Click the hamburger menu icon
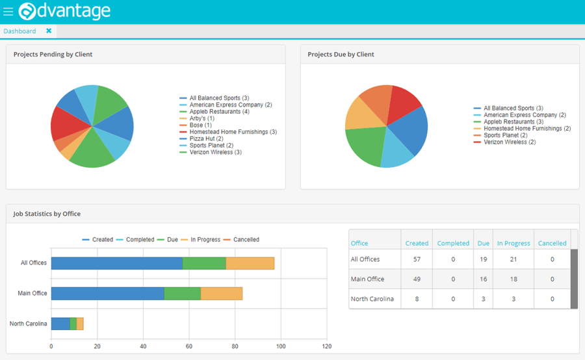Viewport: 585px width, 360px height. click(8, 12)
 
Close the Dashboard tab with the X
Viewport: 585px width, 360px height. click(49, 31)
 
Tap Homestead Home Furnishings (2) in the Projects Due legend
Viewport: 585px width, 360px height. click(526, 129)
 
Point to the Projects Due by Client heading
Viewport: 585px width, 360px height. click(341, 55)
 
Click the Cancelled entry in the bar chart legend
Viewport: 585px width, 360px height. click(246, 240)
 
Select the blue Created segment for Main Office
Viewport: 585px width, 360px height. click(107, 294)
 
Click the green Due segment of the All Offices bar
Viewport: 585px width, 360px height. click(204, 263)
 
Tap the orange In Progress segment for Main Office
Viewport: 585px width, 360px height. click(221, 294)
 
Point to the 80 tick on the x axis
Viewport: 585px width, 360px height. click(235, 346)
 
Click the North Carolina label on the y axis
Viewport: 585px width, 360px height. click(28, 324)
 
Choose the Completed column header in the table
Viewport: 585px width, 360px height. click(453, 243)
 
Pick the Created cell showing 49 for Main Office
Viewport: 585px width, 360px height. click(417, 279)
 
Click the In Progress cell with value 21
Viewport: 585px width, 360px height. click(513, 259)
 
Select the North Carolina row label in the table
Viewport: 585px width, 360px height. click(372, 299)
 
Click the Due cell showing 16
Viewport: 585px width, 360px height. click(484, 279)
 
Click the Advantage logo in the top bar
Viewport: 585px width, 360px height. click(64, 11)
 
